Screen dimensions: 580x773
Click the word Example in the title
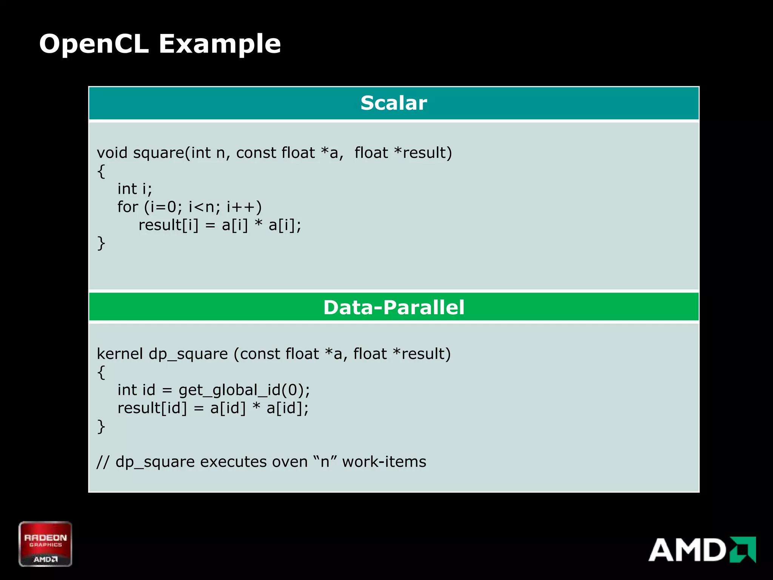pyautogui.click(x=220, y=45)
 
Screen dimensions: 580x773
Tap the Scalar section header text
pyautogui.click(x=394, y=103)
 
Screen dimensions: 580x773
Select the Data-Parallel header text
pyautogui.click(x=394, y=307)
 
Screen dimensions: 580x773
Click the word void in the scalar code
pyautogui.click(x=112, y=153)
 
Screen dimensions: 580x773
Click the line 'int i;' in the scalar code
pyautogui.click(x=134, y=189)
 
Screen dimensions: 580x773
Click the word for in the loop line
pyautogui.click(x=128, y=207)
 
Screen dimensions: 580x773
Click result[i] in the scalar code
pyautogui.click(x=168, y=225)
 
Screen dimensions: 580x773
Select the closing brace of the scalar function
pyautogui.click(x=101, y=243)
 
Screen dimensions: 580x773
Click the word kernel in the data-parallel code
pyautogui.click(x=120, y=354)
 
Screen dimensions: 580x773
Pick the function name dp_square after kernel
pyautogui.click(x=188, y=354)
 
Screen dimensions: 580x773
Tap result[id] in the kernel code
pyautogui.click(x=152, y=408)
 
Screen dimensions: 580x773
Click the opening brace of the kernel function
pyautogui.click(x=101, y=372)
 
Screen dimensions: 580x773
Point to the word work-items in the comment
pyautogui.click(x=384, y=462)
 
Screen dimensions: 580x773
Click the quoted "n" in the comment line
pyautogui.click(x=325, y=461)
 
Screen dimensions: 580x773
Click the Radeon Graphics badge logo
pyautogui.click(x=45, y=544)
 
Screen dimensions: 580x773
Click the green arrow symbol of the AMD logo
pyautogui.click(x=742, y=549)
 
